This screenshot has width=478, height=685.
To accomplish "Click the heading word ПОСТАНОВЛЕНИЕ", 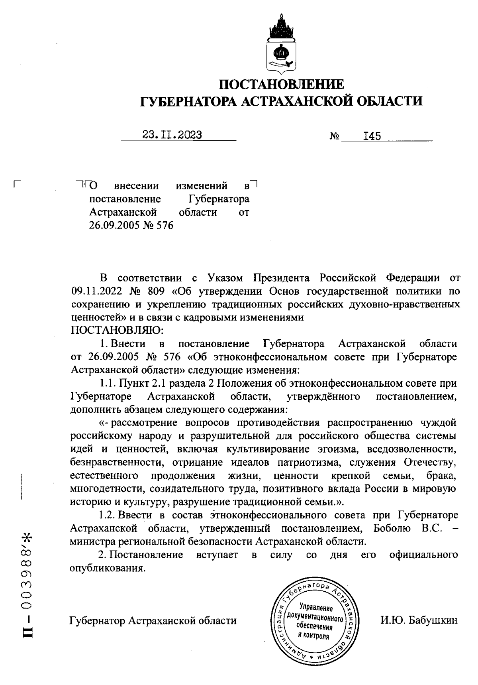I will point(282,85).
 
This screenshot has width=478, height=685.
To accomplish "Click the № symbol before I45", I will point(334,137).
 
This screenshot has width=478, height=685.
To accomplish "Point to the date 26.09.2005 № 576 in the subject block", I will point(131,226).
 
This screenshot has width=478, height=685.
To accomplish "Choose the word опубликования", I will point(106,568).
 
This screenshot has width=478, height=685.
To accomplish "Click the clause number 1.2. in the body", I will point(107,515).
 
